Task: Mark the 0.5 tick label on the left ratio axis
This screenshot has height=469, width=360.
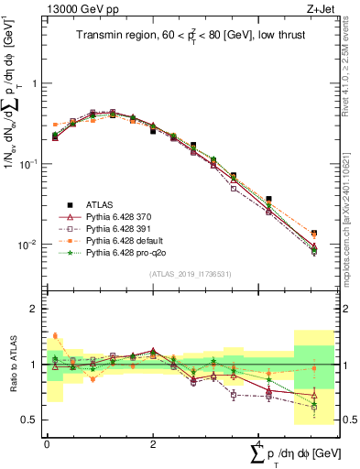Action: coord(26,420)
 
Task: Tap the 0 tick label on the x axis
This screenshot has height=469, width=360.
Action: coord(47,443)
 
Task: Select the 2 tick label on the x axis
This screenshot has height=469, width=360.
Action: coord(152,443)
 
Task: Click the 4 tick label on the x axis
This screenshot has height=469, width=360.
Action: coord(258,443)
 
